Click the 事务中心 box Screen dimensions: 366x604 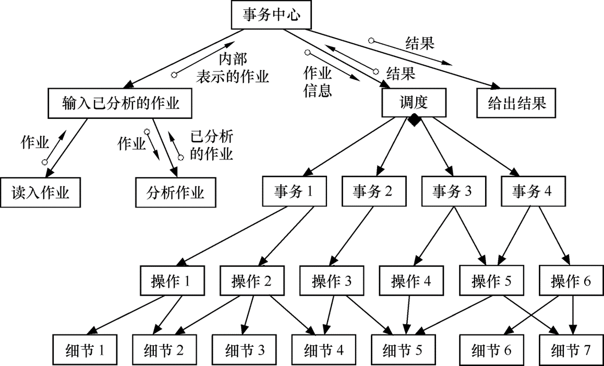tap(271, 15)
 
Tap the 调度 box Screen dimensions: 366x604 tap(415, 102)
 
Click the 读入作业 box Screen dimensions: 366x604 tap(40, 192)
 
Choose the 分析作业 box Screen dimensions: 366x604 tap(175, 192)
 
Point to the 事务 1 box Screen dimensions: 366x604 tap(295, 191)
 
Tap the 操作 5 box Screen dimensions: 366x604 tap(492, 281)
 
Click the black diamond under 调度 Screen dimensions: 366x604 tap(415, 120)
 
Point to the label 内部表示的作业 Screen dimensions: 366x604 tap(232, 68)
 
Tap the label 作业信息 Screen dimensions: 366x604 tap(318, 81)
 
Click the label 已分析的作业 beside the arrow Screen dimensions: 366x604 tap(211, 146)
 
